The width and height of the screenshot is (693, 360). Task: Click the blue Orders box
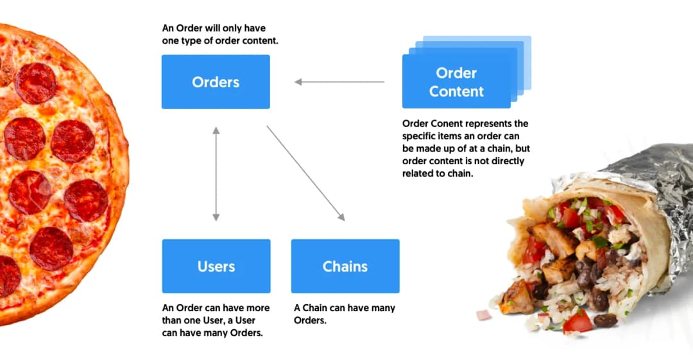[x=216, y=82]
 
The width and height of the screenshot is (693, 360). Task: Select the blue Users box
[x=216, y=266]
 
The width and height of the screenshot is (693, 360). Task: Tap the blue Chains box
[x=345, y=266]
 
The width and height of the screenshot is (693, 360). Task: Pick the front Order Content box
[x=456, y=82]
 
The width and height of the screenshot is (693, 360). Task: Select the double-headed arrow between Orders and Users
[x=216, y=174]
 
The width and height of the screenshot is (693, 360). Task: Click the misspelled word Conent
[x=450, y=123]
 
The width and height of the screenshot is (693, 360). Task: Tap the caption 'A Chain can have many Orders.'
[x=345, y=314]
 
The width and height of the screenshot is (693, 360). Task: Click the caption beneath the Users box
[x=216, y=320]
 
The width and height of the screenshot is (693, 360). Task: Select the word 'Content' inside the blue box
[x=456, y=92]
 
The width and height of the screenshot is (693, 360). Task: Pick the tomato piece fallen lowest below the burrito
[x=577, y=320]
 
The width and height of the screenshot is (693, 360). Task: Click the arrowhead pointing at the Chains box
[x=342, y=218]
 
